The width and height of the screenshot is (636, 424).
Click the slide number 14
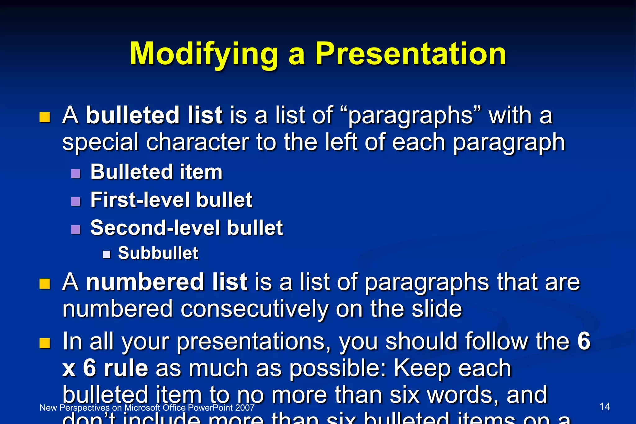click(x=604, y=407)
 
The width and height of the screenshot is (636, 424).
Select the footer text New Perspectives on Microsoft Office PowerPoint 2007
click(x=147, y=408)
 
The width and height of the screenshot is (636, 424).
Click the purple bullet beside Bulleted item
click(x=75, y=173)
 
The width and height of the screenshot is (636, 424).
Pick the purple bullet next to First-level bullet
click(x=75, y=201)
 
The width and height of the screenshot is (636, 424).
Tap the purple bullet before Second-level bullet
click(x=75, y=229)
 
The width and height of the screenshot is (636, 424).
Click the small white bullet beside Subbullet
click(x=107, y=254)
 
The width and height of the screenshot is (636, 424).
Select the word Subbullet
click(x=158, y=253)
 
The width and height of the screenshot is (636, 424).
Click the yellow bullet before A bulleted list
click(x=45, y=117)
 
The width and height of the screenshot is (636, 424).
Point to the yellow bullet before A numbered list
click(x=45, y=284)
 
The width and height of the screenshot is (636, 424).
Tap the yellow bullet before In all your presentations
click(x=45, y=343)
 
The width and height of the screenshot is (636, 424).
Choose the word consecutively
click(x=254, y=309)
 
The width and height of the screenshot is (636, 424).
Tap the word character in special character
click(x=198, y=142)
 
